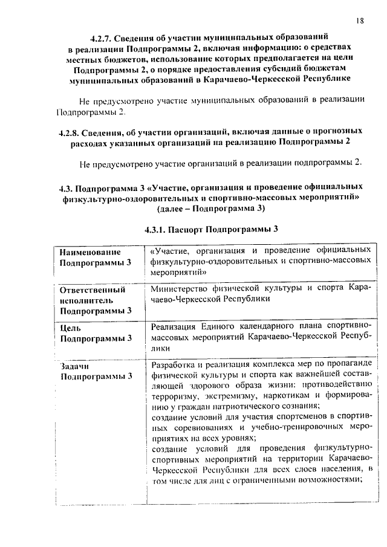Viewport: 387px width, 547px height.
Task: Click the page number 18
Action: coord(359,21)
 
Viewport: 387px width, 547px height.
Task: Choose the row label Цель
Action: coord(72,328)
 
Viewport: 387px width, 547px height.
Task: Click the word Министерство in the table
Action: coord(182,288)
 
